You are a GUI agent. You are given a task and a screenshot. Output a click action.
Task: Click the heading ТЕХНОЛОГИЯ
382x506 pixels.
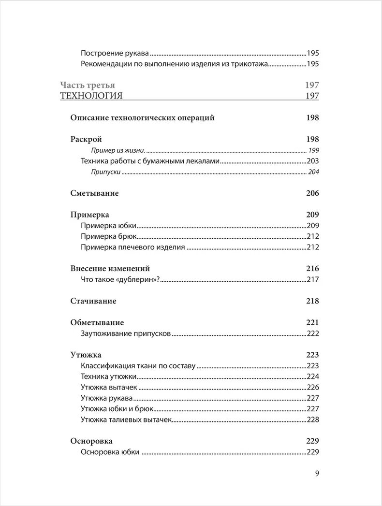point(91,96)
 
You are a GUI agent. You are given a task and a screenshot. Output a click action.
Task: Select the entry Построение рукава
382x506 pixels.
point(115,54)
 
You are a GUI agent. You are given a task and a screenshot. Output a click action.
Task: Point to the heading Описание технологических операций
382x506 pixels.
point(142,117)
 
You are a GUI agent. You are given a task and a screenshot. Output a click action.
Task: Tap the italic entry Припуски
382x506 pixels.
point(106,172)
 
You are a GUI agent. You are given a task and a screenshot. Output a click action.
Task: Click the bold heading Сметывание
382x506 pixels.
point(94,193)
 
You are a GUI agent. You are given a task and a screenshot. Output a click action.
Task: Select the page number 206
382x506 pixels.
point(312,193)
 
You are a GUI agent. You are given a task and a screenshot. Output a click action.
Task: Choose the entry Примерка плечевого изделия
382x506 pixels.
point(133,247)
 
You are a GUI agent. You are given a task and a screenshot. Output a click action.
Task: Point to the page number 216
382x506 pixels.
point(312,269)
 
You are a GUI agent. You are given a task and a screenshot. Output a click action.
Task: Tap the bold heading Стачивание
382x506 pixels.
point(93,301)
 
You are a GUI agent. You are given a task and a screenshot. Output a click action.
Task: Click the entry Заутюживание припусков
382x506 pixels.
point(126,333)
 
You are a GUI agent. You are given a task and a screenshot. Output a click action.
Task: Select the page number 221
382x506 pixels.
point(312,322)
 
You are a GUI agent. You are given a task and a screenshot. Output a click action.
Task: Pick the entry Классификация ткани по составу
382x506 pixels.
point(138,366)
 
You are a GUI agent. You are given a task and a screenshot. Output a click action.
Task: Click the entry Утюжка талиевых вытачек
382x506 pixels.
point(126,419)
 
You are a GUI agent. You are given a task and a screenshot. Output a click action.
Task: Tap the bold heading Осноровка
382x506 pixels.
point(91,441)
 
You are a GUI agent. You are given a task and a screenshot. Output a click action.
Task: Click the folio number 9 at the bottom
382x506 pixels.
point(316,474)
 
